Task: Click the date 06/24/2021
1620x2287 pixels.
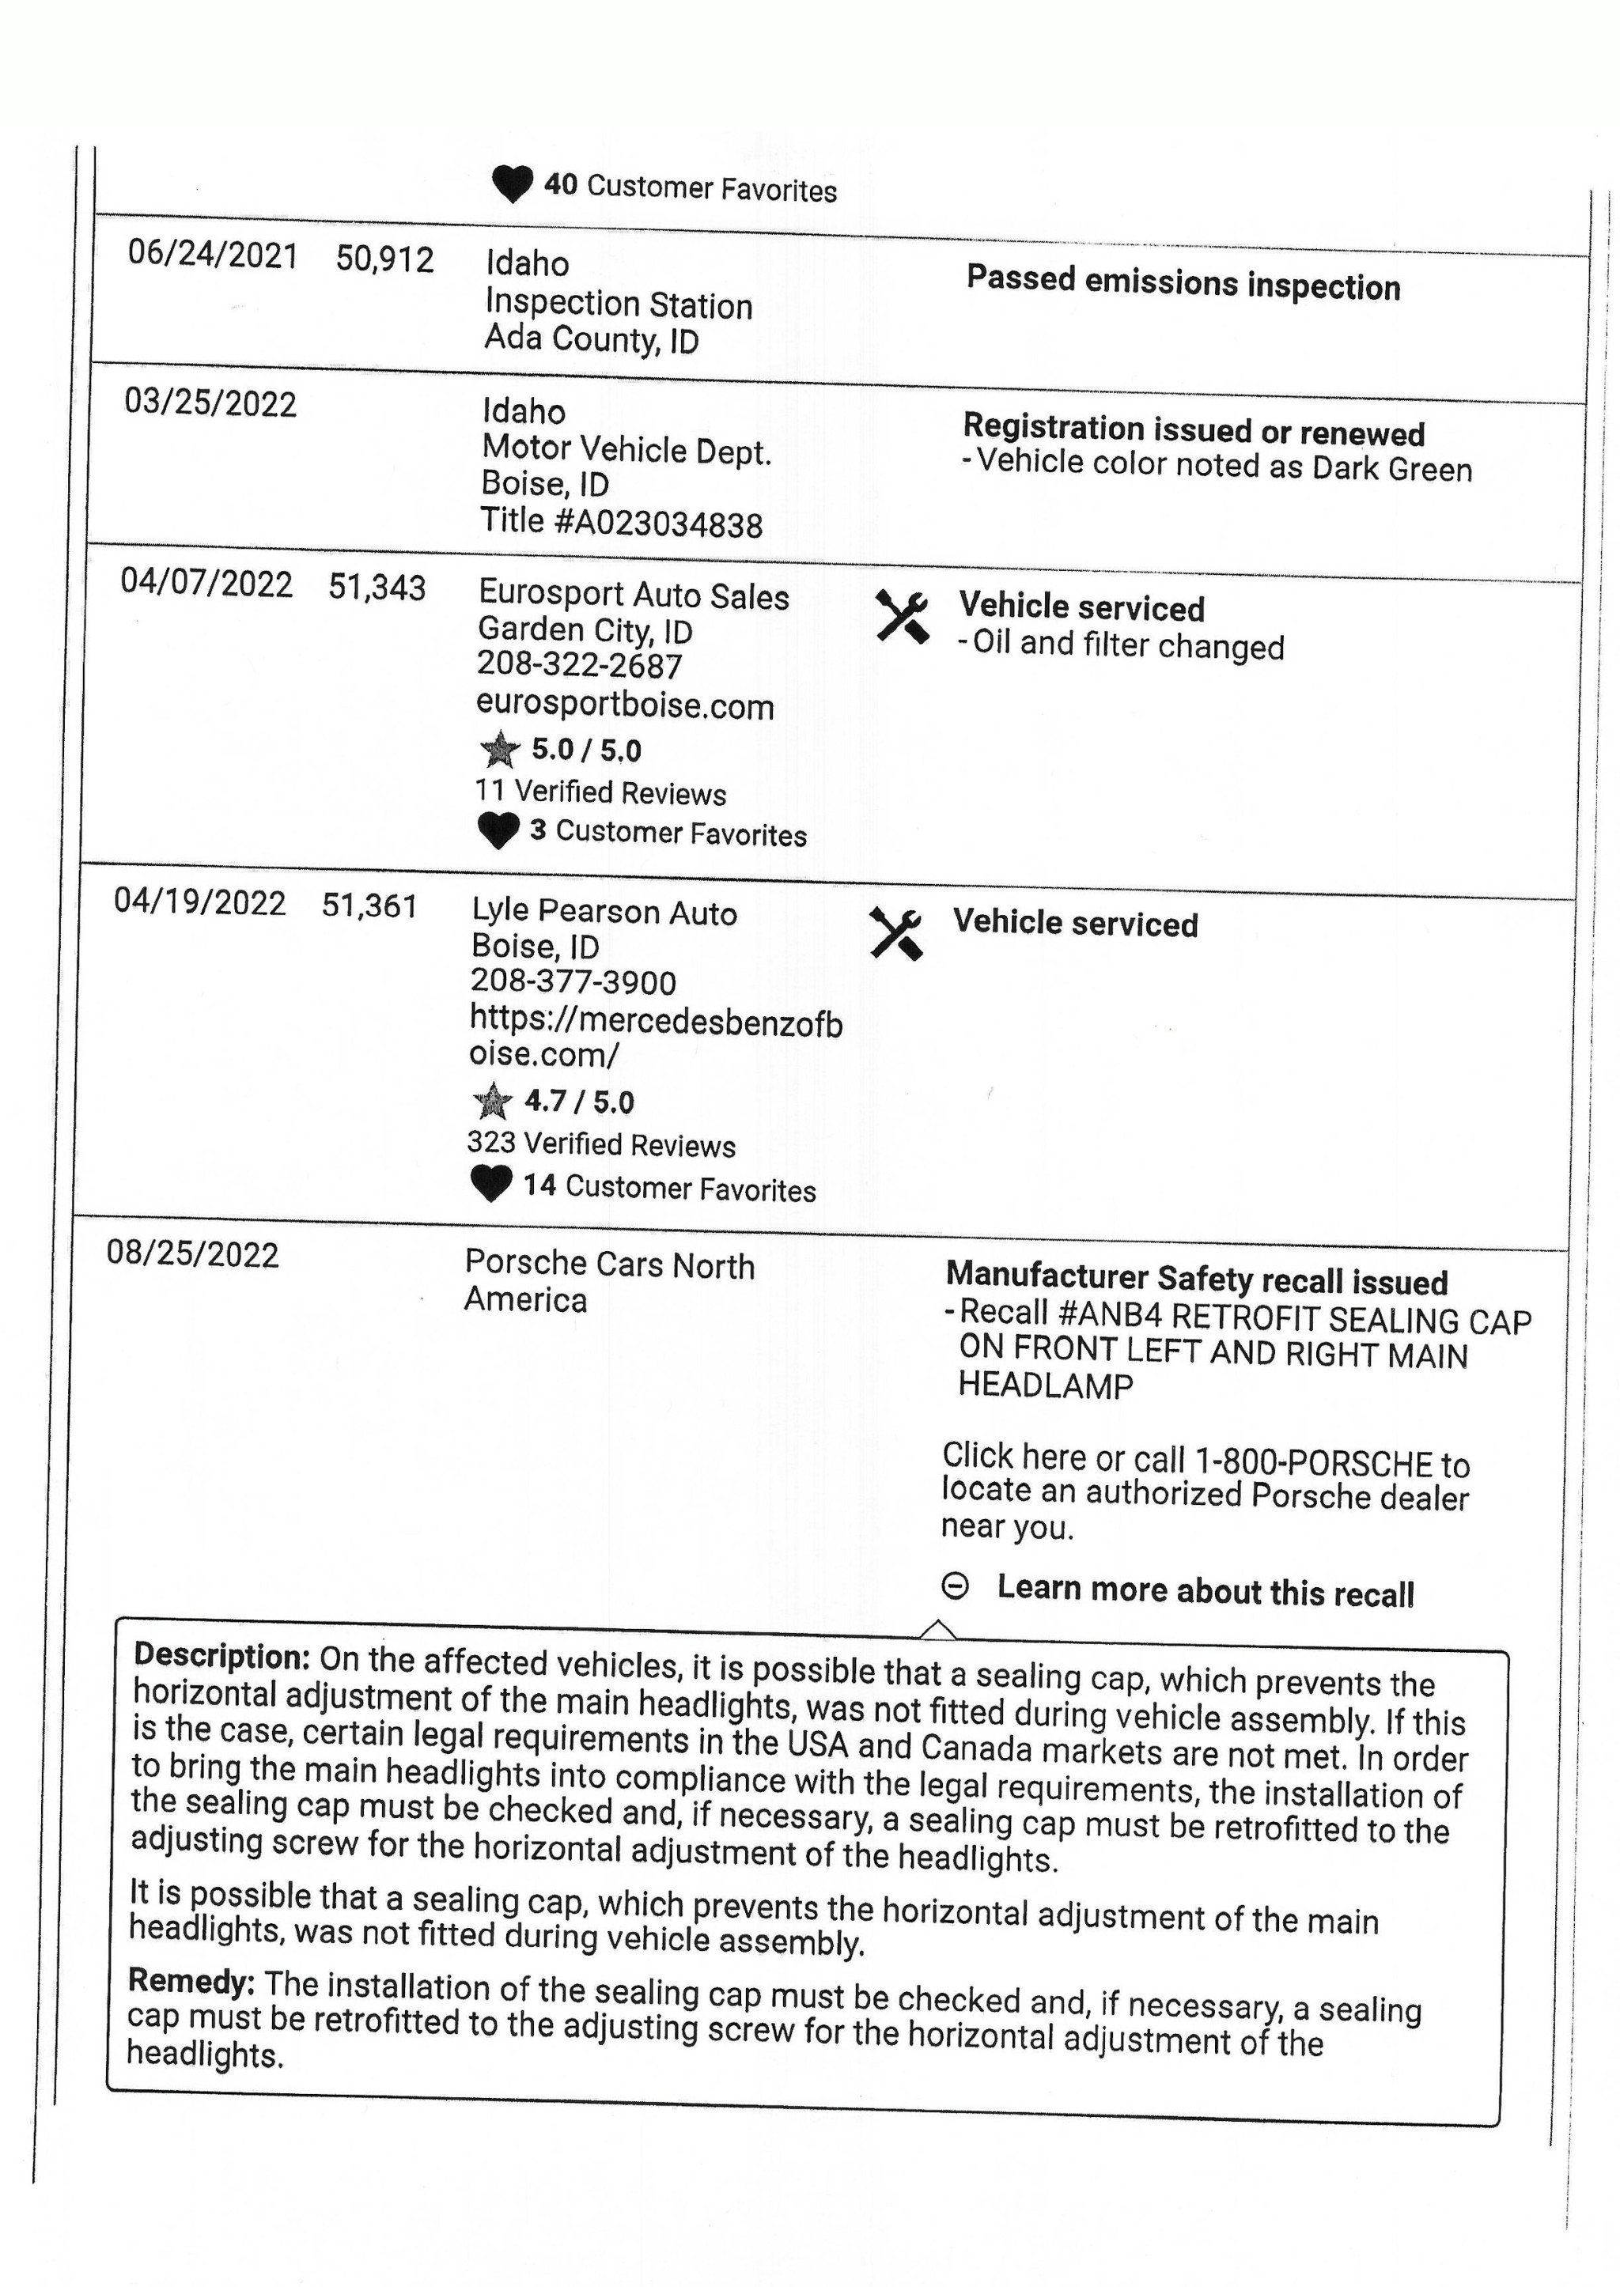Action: click(x=213, y=255)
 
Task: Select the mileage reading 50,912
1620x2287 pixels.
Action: click(x=385, y=259)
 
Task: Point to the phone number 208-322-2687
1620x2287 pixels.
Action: click(x=580, y=665)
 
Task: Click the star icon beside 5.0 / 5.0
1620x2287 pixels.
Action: click(x=500, y=749)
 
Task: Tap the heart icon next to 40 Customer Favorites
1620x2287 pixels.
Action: click(x=513, y=183)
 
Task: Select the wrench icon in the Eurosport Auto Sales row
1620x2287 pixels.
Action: click(x=902, y=616)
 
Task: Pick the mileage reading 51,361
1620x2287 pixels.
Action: click(x=369, y=905)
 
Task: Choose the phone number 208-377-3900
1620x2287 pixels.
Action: click(x=573, y=982)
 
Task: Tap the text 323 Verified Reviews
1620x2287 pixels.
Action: click(x=600, y=1144)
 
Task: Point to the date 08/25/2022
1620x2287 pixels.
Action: click(x=192, y=1253)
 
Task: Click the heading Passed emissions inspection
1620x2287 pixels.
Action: click(x=1183, y=283)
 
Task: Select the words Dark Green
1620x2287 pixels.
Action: click(x=1391, y=469)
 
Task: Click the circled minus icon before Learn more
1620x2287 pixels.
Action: click(x=955, y=1586)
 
